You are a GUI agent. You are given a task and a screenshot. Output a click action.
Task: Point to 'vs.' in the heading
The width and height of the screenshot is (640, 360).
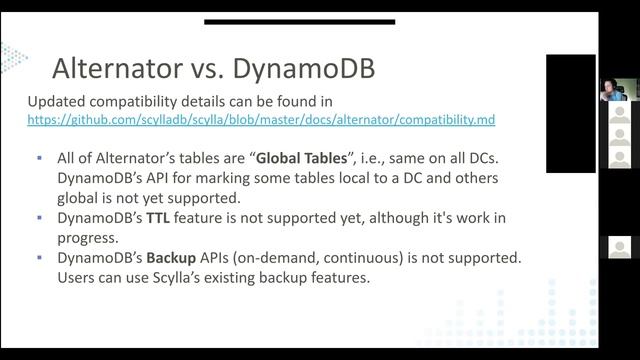click(210, 69)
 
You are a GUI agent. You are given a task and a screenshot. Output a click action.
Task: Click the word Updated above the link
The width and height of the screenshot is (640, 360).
click(57, 101)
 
